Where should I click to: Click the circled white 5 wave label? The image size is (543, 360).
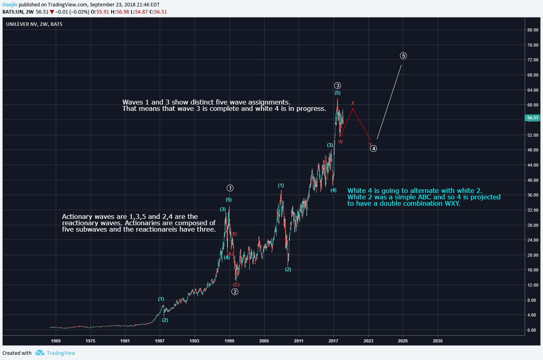tap(403, 56)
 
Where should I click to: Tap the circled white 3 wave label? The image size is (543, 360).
tap(337, 85)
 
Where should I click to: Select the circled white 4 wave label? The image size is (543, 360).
tap(373, 149)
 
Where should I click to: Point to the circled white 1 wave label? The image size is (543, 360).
tap(230, 188)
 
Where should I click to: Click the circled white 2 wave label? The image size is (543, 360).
tap(235, 291)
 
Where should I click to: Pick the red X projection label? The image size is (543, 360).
tap(353, 103)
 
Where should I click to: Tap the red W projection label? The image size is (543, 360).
tap(341, 142)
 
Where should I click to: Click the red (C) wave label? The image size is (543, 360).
tap(236, 285)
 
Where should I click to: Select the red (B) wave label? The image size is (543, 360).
tap(234, 234)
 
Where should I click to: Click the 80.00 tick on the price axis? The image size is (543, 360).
tap(533, 30)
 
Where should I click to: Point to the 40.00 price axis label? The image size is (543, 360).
tap(533, 180)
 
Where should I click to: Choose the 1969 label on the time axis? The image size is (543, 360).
tap(56, 341)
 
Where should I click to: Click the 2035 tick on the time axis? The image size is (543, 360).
tap(437, 341)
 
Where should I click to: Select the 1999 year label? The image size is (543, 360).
tap(229, 341)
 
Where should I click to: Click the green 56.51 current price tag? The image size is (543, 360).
tap(533, 118)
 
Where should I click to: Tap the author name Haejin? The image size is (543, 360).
tap(10, 5)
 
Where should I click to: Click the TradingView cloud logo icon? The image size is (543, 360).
tap(39, 353)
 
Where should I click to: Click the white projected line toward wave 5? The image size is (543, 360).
tap(389, 102)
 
